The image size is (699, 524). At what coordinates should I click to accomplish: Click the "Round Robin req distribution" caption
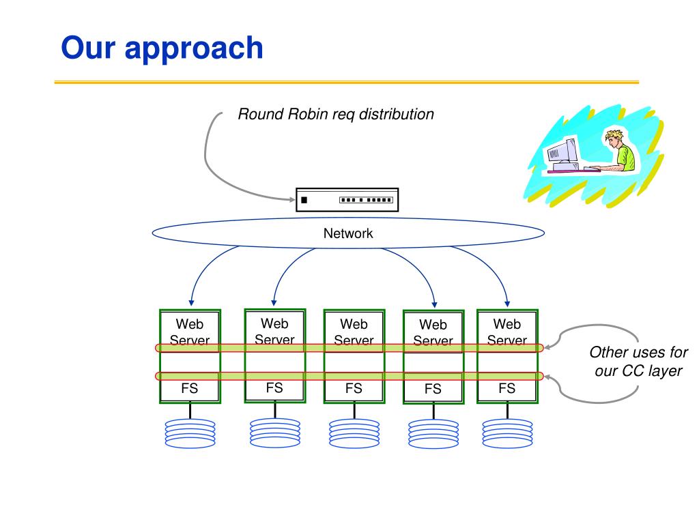pos(335,115)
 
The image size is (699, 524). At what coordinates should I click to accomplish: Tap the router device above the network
pos(347,200)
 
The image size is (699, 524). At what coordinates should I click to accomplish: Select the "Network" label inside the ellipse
pos(348,233)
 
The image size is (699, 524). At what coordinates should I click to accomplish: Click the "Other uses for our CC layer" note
pos(638,362)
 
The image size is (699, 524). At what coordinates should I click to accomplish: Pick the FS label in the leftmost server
pos(189,389)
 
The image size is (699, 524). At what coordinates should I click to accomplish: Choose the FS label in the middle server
pos(354,389)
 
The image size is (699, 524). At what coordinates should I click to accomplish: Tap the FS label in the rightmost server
pos(507,389)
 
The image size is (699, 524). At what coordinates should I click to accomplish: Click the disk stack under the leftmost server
pos(190,433)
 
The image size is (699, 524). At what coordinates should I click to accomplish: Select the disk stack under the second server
pos(274,433)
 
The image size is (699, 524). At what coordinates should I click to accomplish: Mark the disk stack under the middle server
pos(354,433)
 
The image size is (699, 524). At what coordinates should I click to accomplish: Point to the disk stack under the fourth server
pos(433,433)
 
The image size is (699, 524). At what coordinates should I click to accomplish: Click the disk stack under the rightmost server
pos(507,433)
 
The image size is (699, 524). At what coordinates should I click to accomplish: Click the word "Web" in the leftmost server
pos(189,324)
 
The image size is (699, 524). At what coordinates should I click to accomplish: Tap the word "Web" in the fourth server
pos(433,325)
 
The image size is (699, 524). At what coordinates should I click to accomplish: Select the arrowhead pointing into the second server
pos(274,302)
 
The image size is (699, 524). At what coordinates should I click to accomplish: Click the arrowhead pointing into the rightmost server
pos(507,304)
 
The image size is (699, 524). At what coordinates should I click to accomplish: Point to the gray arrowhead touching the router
pos(290,200)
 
